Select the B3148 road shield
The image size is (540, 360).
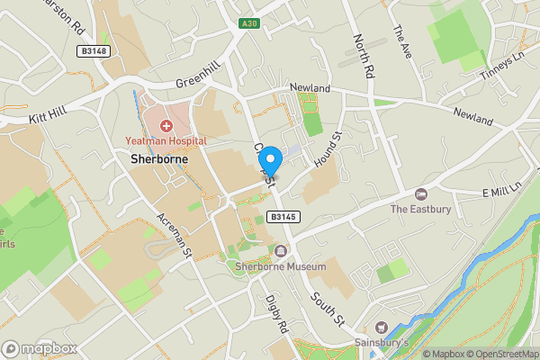(94, 51)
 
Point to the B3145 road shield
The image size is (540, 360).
(283, 217)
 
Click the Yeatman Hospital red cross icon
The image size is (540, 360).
(166, 124)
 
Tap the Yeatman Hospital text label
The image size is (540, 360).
(166, 141)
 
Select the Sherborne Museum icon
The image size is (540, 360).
(282, 250)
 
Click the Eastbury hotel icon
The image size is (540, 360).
(420, 194)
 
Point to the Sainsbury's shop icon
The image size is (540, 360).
(381, 328)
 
